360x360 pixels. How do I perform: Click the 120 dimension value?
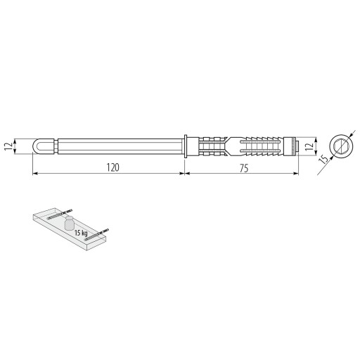112,167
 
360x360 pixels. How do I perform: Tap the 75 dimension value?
244,168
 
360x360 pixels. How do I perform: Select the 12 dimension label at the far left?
8,146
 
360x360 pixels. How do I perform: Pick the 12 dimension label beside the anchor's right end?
309,146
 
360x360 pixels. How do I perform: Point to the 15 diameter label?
323,160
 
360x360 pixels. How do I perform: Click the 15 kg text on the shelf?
81,233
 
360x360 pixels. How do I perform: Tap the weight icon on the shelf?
70,223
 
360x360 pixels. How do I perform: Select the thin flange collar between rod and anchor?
186,146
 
